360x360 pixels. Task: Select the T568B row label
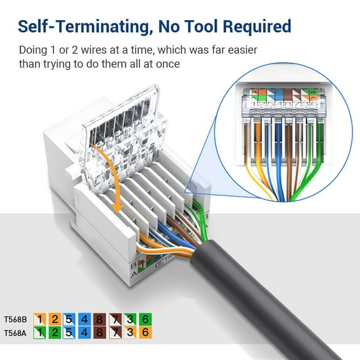click(14, 319)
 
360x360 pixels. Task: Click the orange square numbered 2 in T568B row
click(55, 319)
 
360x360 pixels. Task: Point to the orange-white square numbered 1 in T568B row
click(39, 319)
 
